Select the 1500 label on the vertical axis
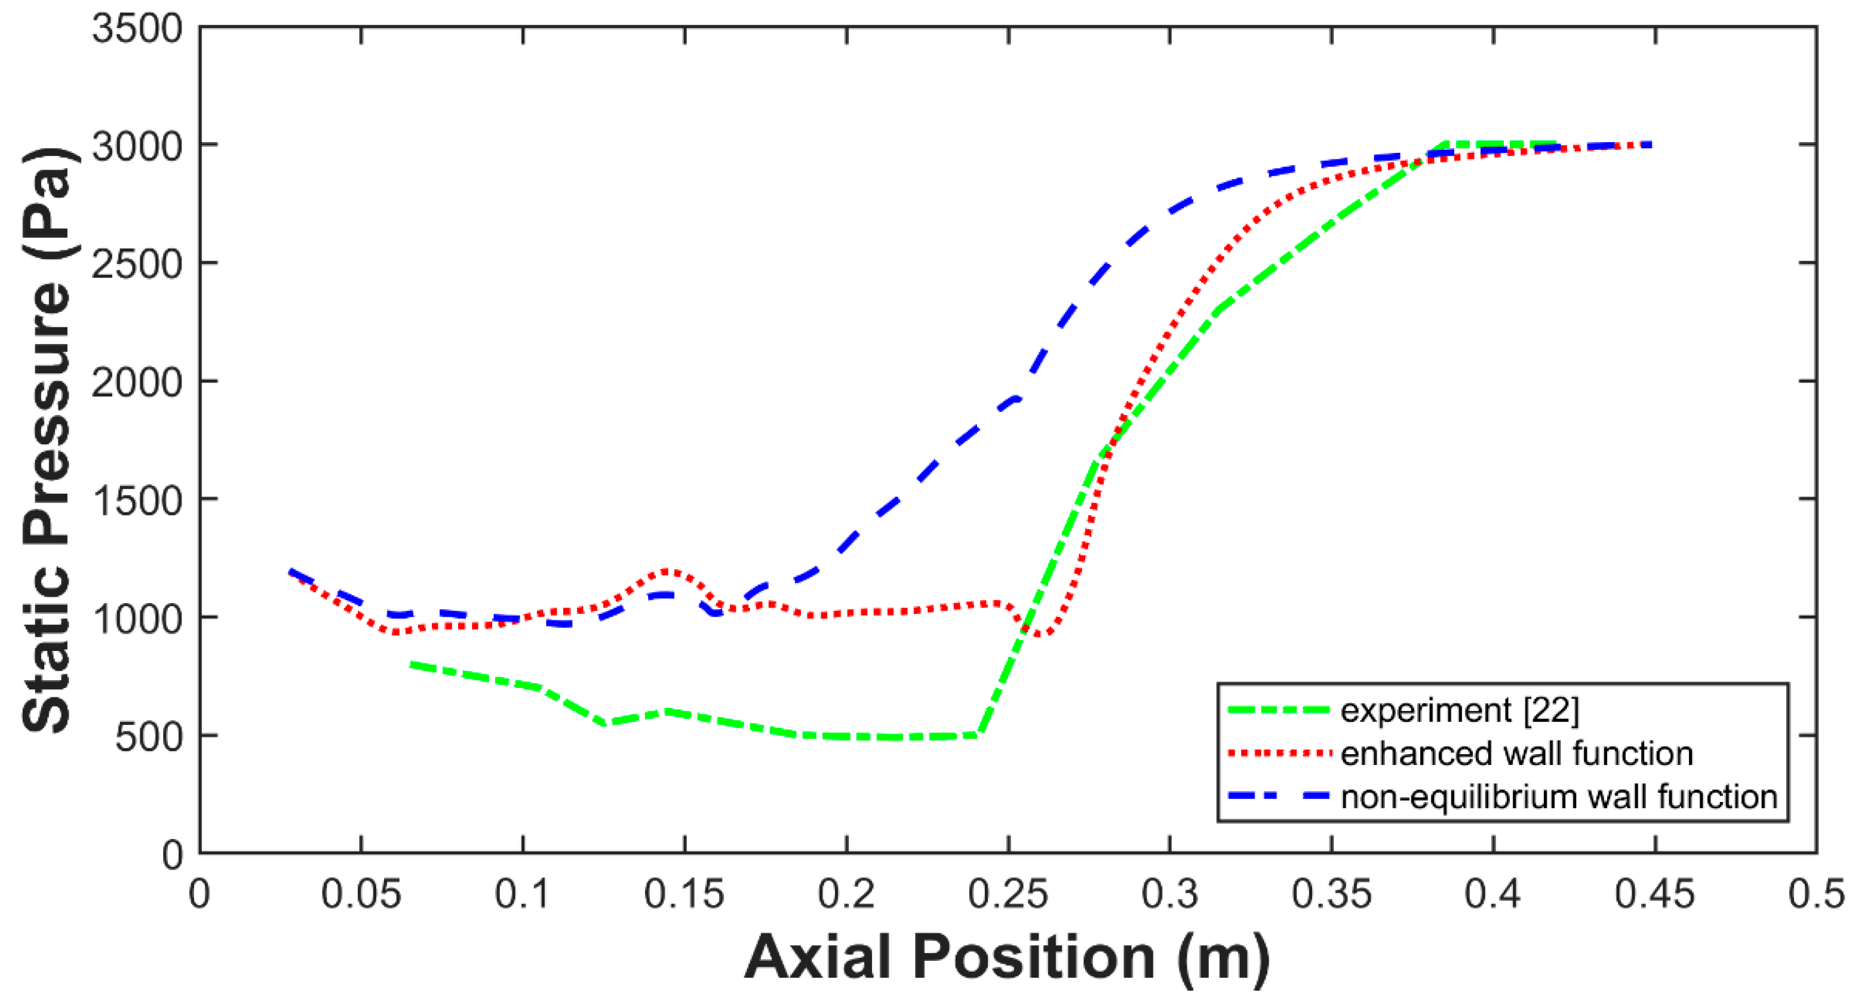137,500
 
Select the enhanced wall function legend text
1516,754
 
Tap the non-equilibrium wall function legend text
1559,797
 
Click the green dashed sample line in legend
1277,711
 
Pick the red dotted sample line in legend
1277,754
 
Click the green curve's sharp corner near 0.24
979,734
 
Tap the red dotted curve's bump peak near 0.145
668,571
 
